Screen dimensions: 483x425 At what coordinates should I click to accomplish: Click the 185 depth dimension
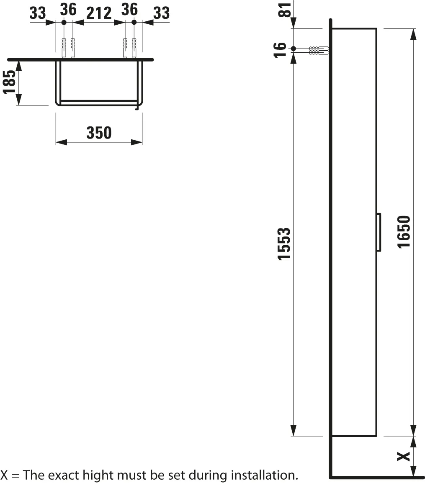coord(9,82)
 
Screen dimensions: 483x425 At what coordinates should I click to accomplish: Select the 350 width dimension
coord(99,133)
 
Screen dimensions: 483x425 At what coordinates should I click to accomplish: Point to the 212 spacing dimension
coord(99,13)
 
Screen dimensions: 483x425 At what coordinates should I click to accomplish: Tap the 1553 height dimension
coord(284,244)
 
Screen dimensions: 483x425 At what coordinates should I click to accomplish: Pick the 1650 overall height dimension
coord(404,231)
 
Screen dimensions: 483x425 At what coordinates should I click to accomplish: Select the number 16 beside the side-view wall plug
coord(281,49)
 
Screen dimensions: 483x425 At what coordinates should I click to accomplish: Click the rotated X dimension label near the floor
coord(403,456)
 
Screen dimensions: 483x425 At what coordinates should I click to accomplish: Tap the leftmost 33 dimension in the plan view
coord(37,13)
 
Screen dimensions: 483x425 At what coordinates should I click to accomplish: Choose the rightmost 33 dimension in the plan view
coord(161,13)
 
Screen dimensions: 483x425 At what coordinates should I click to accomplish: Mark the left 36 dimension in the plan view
coord(69,9)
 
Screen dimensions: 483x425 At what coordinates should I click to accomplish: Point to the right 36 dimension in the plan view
coord(129,9)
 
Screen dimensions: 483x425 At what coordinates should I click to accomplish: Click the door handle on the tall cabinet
coord(379,232)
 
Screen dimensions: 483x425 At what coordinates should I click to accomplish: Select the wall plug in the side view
coord(319,51)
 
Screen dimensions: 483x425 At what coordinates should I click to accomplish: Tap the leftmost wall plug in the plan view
coord(64,47)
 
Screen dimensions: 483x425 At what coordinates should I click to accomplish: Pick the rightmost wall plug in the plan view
coord(134,47)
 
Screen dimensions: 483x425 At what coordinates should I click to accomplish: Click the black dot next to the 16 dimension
coord(294,49)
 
